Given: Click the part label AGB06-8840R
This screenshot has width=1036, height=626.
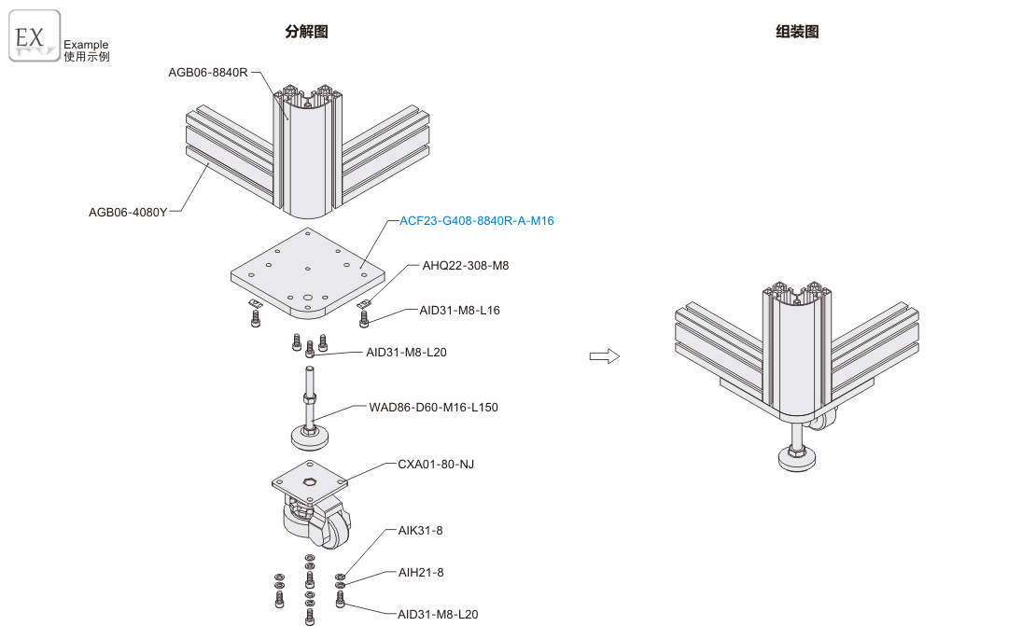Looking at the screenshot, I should [x=208, y=72].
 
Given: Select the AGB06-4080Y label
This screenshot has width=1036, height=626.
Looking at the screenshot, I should [x=128, y=212].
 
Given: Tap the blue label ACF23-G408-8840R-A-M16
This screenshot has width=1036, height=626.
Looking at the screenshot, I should [x=477, y=221].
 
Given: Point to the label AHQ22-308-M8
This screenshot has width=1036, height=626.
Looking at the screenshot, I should [x=466, y=266].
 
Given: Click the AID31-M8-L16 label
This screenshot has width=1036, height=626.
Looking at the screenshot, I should [x=459, y=310].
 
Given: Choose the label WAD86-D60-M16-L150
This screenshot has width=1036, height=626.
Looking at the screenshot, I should [x=433, y=408].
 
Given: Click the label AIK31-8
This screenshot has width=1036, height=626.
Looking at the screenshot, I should [x=420, y=531].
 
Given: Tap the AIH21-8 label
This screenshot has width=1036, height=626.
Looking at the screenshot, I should [x=421, y=572].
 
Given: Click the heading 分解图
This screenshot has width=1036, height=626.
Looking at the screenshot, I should [x=306, y=32].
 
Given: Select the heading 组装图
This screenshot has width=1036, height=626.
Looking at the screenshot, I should [x=797, y=32].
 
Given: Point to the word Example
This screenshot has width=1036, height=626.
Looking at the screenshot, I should [x=86, y=44].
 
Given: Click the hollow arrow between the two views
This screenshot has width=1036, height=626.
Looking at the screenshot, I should [x=605, y=355].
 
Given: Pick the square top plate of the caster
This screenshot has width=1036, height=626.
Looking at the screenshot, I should [x=311, y=481].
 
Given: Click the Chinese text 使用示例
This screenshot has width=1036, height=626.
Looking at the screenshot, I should [x=86, y=56].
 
